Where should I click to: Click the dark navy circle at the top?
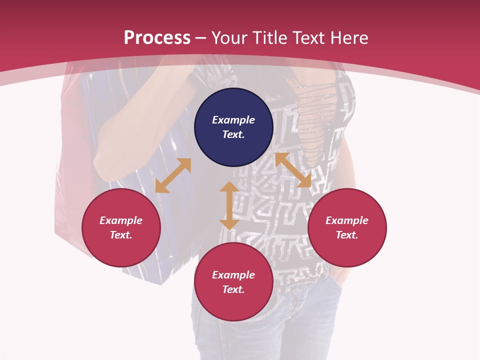(x=233, y=127)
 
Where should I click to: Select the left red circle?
(x=121, y=227)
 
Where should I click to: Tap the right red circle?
(x=347, y=227)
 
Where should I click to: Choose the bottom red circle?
(x=233, y=282)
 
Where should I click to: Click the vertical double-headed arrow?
(x=229, y=205)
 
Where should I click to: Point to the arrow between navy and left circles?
(x=173, y=175)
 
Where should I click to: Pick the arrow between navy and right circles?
(x=293, y=170)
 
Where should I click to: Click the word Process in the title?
(x=157, y=37)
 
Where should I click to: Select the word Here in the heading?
(x=349, y=37)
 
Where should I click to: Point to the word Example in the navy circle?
(x=233, y=120)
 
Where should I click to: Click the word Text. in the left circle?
(x=121, y=235)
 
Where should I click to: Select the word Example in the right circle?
(x=347, y=220)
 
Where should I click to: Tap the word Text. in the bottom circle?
(x=233, y=289)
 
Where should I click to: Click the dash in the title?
(x=201, y=38)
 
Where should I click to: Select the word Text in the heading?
(x=308, y=37)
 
